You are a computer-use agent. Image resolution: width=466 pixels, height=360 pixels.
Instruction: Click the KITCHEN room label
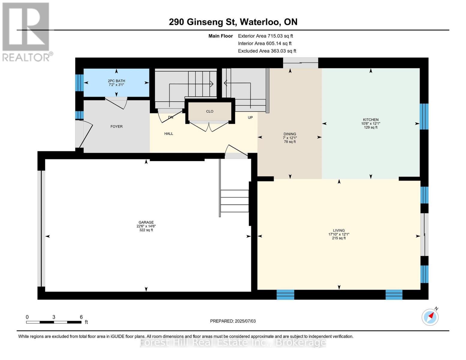371,120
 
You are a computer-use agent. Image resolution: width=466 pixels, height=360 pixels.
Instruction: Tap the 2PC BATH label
116,81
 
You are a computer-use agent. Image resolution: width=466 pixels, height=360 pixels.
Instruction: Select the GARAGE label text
146,223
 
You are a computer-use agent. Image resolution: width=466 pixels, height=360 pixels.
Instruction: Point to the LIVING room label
339,231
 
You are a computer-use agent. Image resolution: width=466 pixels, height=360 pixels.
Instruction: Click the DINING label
290,134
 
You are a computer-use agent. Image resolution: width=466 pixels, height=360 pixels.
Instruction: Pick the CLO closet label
210,111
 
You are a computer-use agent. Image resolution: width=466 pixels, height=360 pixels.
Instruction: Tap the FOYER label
116,127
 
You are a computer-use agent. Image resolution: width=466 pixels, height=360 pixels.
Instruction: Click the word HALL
169,134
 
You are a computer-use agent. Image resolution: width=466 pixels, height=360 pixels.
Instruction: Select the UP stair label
250,118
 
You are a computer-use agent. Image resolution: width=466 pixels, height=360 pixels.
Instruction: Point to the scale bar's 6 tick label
81,317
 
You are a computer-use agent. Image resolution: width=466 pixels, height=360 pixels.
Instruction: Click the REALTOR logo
26,31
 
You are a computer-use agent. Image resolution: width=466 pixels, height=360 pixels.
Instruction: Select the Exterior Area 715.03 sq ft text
265,36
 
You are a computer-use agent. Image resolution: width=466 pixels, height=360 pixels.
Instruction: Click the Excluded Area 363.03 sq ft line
267,51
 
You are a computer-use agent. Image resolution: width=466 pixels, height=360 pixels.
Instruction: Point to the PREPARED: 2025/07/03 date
233,321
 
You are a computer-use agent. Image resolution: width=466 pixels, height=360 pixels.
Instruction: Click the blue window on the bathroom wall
79,82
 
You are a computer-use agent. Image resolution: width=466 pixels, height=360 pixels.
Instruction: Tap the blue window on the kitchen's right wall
424,116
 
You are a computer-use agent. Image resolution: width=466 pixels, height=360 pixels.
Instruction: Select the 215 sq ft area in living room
339,238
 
